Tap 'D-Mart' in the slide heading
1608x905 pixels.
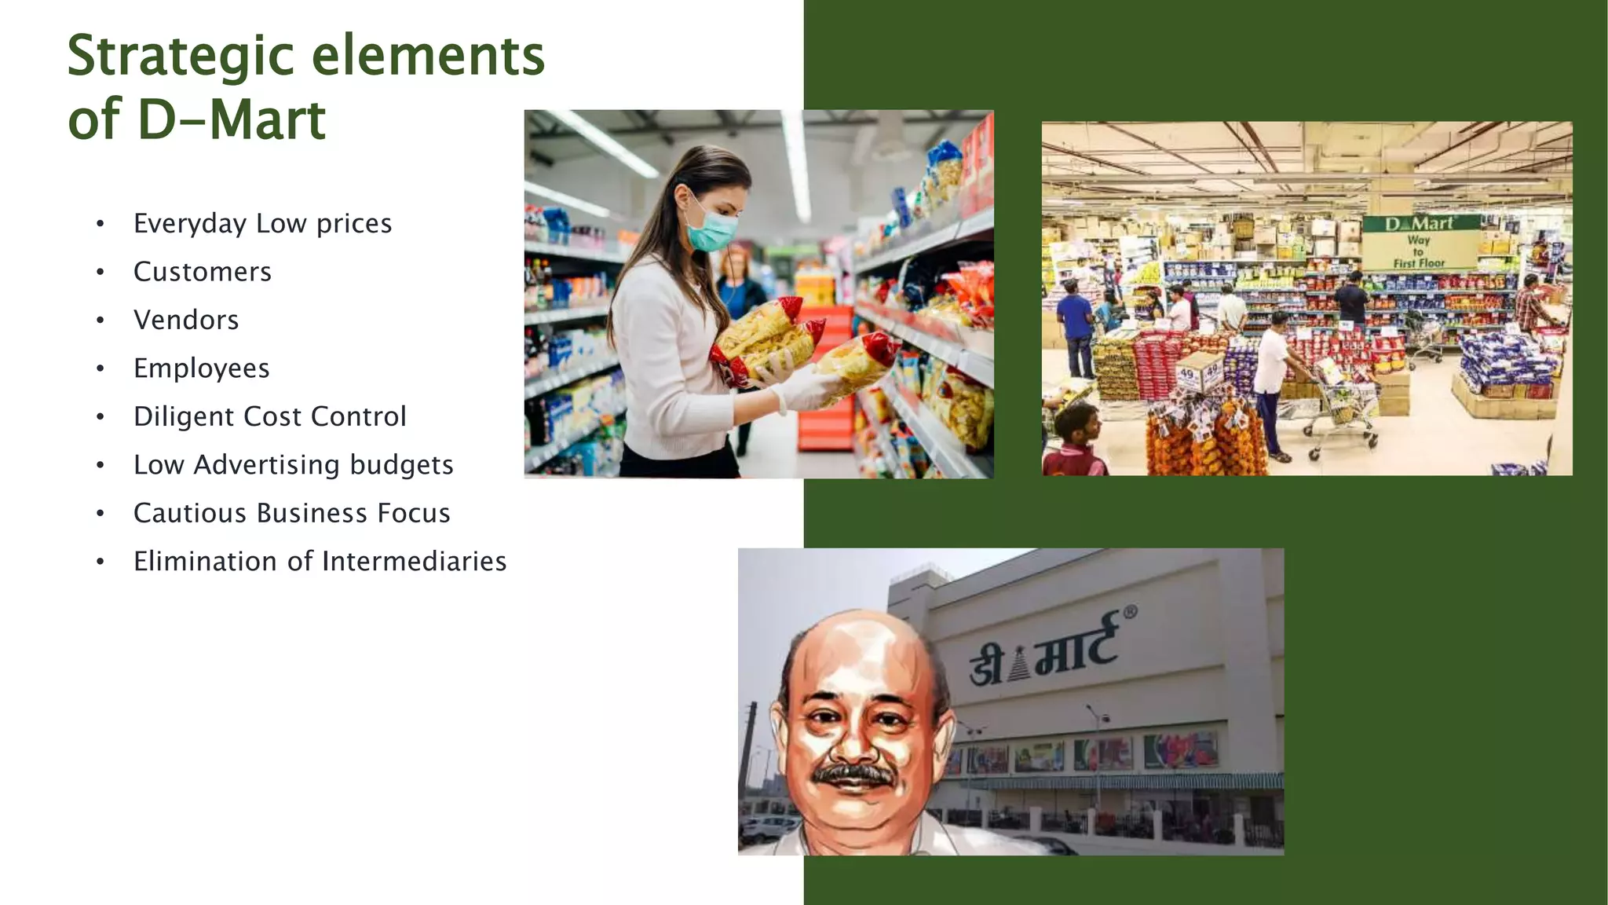pyautogui.click(x=231, y=120)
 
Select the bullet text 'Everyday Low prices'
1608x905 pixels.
pyautogui.click(x=262, y=224)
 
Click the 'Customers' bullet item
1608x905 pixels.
pyautogui.click(x=203, y=272)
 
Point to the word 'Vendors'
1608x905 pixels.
pyautogui.click(x=186, y=321)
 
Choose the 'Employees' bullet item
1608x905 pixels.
pyautogui.click(x=202, y=368)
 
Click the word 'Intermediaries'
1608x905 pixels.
pyautogui.click(x=414, y=562)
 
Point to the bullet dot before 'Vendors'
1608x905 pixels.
pyautogui.click(x=100, y=321)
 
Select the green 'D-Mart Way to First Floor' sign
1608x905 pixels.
pyautogui.click(x=1420, y=242)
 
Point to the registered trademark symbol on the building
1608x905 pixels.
pyautogui.click(x=1130, y=612)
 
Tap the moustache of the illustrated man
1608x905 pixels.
pyautogui.click(x=853, y=773)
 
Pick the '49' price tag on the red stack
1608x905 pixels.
pyautogui.click(x=1187, y=375)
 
